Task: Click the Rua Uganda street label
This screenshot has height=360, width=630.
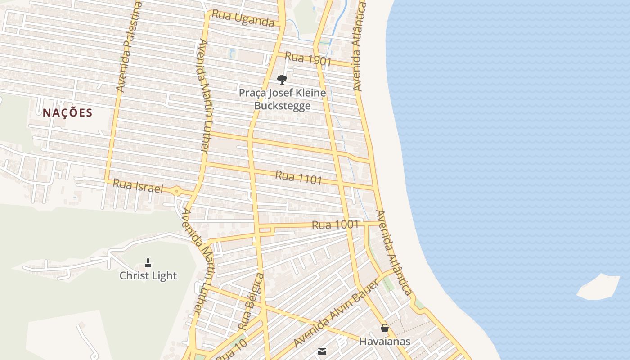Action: point(243,18)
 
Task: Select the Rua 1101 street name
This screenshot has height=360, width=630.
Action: point(298,177)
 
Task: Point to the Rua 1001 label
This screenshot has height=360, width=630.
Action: point(335,225)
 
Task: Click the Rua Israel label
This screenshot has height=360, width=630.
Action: point(138,186)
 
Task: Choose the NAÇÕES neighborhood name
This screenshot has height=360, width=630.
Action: point(67,113)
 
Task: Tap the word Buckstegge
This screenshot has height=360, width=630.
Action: point(282,106)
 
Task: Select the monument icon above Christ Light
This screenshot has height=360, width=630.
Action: point(148,262)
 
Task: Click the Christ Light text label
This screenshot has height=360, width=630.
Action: point(148,275)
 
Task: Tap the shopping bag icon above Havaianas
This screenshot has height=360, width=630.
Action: point(384,328)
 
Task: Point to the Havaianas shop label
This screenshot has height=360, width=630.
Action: point(384,342)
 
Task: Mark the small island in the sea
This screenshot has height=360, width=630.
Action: point(598,287)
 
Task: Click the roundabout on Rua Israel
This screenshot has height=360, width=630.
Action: point(177,192)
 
